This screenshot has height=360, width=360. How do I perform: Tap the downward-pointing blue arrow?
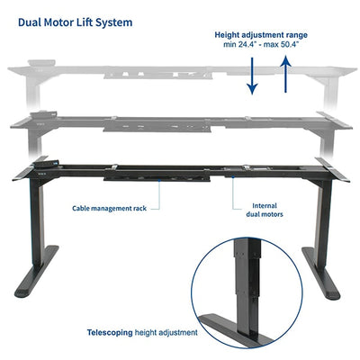[x=252, y=76]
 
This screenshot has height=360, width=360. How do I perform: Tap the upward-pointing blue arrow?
[x=286, y=74]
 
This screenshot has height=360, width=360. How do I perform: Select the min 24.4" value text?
[x=238, y=45]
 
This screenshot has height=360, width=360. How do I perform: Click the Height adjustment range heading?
[x=261, y=35]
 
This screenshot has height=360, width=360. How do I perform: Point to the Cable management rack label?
[x=109, y=208]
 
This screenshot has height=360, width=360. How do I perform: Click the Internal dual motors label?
[x=265, y=210]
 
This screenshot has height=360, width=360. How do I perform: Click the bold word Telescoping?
[x=110, y=332]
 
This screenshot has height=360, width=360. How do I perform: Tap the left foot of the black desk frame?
[x=37, y=271]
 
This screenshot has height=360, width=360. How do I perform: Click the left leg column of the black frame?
[x=37, y=222]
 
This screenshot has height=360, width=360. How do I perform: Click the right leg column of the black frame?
[x=324, y=222]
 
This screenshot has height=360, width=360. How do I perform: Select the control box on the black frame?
[x=45, y=164]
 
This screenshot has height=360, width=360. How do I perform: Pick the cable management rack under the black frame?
[x=157, y=179]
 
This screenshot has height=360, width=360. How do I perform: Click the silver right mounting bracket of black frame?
[x=332, y=169]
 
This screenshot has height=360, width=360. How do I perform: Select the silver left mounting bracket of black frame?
[x=30, y=168]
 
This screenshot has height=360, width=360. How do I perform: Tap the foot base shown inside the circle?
[x=236, y=328]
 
